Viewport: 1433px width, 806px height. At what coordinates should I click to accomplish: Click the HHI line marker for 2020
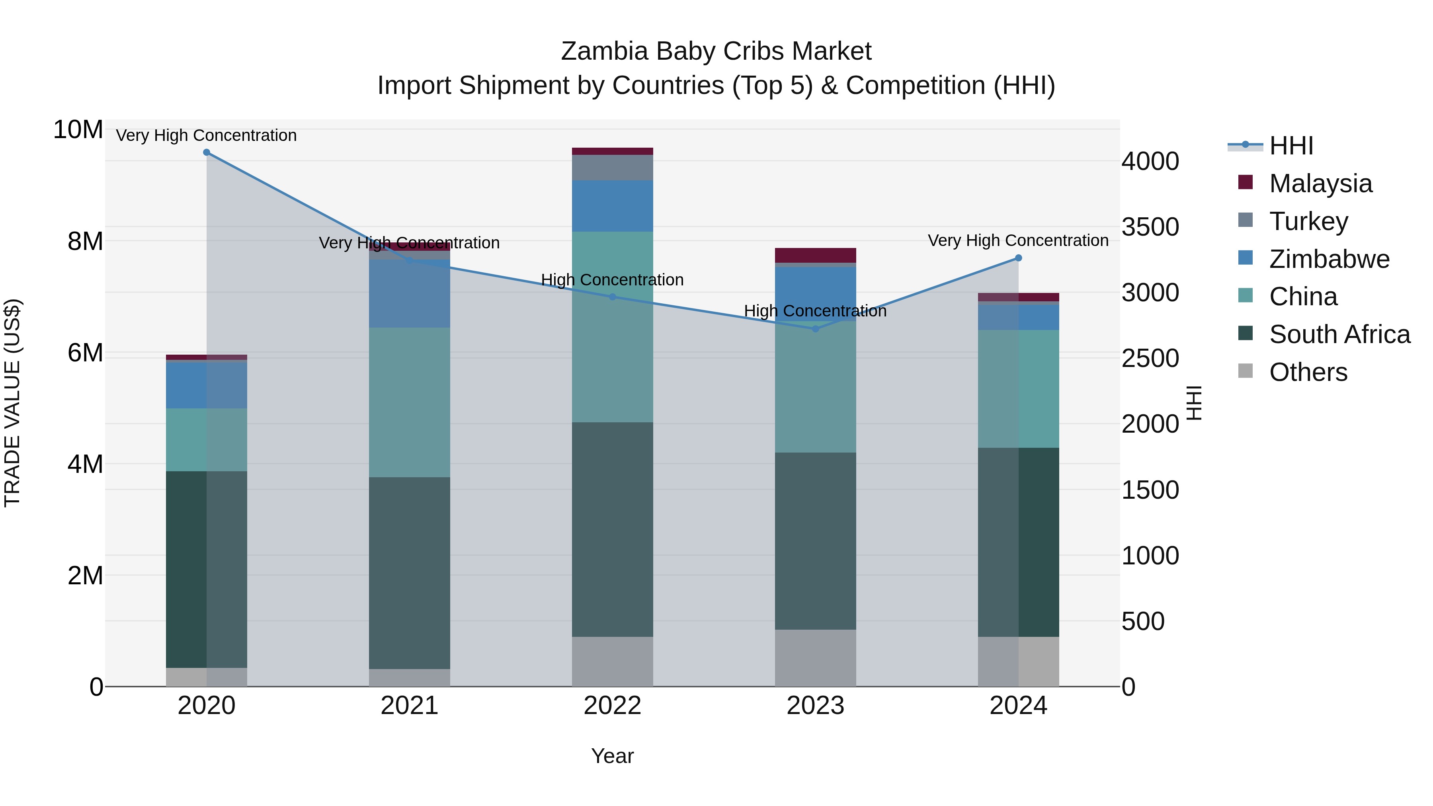point(206,152)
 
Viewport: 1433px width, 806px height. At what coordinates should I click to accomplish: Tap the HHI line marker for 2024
point(1018,258)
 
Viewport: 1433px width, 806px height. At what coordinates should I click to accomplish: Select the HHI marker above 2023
point(815,329)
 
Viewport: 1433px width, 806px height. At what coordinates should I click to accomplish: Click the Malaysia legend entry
point(1320,183)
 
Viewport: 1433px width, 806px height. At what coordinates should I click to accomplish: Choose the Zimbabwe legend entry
point(1329,259)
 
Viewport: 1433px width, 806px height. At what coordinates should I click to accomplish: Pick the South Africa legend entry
point(1339,334)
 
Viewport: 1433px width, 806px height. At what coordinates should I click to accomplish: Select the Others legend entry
point(1308,372)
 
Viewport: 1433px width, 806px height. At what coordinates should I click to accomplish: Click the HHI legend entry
point(1290,146)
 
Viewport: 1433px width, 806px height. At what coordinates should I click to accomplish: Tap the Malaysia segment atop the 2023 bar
point(815,255)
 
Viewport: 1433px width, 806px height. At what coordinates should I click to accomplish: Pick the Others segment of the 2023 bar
point(815,658)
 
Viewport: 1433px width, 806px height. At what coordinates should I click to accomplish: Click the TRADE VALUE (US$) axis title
point(12,403)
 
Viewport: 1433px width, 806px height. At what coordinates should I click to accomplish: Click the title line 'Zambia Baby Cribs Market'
point(716,51)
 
